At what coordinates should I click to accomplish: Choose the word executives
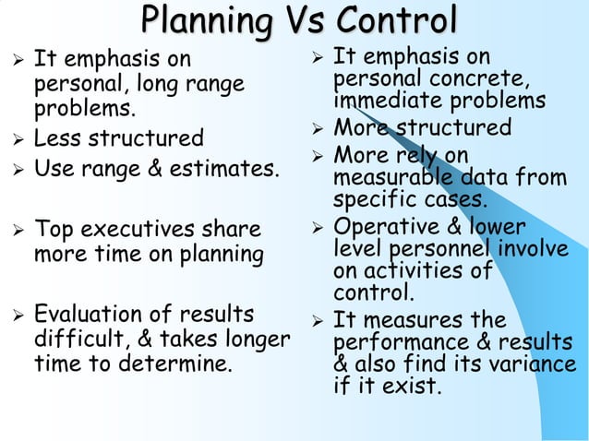coord(139,228)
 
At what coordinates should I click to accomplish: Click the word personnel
coord(446,250)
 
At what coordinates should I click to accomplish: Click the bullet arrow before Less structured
coord(13,140)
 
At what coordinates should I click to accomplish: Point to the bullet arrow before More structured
coord(315,127)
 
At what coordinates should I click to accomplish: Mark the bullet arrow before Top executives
coord(13,229)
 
